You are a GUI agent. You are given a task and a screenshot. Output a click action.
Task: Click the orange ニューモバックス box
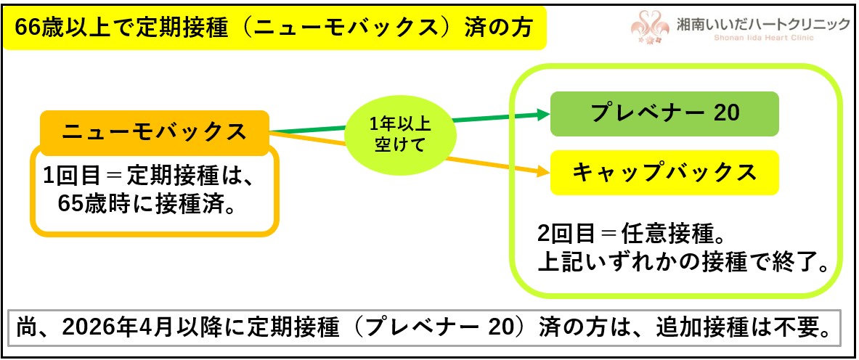pyautogui.click(x=154, y=132)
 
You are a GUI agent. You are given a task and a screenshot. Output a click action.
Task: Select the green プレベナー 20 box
pyautogui.click(x=664, y=114)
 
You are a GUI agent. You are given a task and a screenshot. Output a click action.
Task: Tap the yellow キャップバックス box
pyautogui.click(x=664, y=172)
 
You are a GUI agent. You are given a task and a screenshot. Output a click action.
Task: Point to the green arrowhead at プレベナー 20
pyautogui.click(x=540, y=113)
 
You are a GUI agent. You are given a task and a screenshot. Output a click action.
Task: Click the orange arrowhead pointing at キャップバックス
pyautogui.click(x=540, y=172)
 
